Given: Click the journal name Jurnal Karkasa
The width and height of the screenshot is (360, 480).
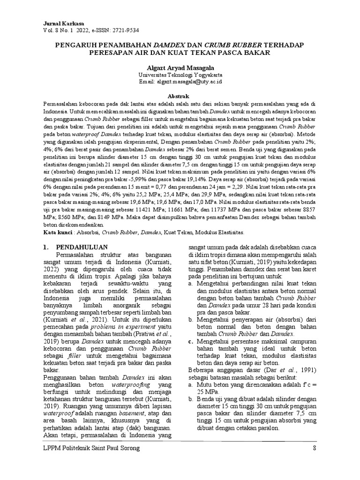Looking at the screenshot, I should click(x=60, y=22).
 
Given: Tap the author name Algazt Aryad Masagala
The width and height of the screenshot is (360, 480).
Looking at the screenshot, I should click(x=180, y=67).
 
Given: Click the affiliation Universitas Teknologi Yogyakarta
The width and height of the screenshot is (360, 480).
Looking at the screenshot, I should click(x=180, y=75).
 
